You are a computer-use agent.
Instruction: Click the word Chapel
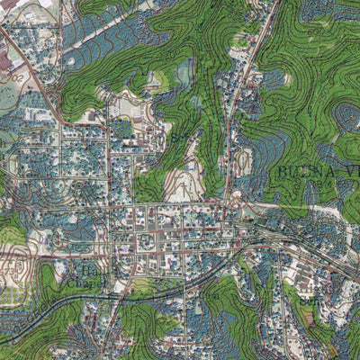click(x=84, y=283)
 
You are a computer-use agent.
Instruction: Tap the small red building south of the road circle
click(x=240, y=184)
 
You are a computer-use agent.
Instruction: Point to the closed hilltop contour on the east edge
click(x=346, y=117)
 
